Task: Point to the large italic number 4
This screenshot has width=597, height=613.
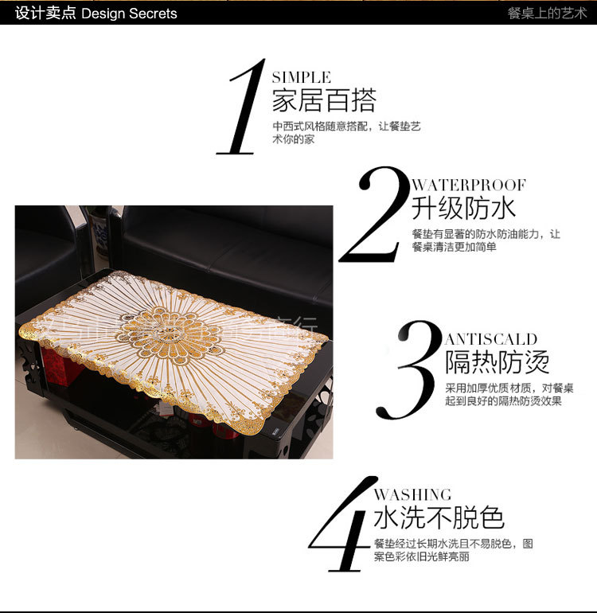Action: coord(342,525)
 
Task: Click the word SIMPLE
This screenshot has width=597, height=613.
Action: coord(301,77)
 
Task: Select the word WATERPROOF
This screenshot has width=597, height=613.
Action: coord(469,185)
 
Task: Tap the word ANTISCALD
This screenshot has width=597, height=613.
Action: coord(491,339)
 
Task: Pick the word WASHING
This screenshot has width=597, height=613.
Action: coord(412,494)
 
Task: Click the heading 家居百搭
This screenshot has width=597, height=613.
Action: coord(323,101)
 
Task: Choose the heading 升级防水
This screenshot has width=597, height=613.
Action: coord(463,208)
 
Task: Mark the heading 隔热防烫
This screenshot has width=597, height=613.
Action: coord(497,362)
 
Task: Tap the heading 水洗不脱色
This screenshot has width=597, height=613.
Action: coord(439,517)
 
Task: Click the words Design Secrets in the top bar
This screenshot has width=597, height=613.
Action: coord(129,14)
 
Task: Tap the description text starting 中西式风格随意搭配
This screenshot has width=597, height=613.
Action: coord(346,133)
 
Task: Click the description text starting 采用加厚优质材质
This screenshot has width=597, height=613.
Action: coord(509,394)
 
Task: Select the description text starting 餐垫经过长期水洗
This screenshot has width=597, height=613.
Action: coord(453,550)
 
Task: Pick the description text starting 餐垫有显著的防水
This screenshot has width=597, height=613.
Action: coord(486,240)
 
